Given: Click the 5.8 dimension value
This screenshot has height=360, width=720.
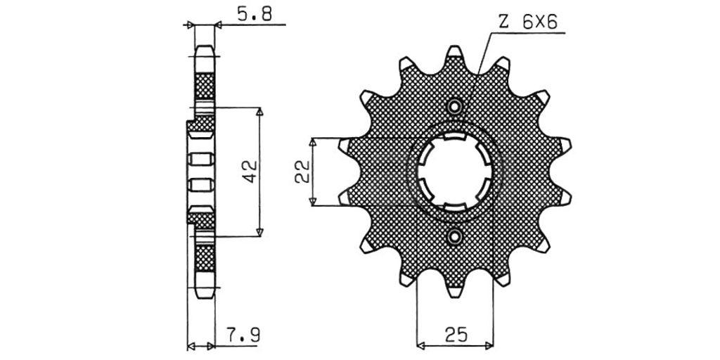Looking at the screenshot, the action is coord(255,14).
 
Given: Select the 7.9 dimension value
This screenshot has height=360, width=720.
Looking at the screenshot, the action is coord(243,335).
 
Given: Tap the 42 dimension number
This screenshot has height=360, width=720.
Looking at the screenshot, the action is coord(250,172).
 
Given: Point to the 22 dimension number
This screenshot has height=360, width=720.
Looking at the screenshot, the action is coord(302,172).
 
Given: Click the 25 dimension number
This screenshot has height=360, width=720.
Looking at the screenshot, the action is coord(456,335).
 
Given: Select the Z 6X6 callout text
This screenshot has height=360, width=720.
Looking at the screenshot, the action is coord(527,22).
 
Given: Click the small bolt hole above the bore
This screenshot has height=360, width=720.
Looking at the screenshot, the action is coord(455,107).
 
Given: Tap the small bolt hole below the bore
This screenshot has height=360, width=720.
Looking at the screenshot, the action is coord(455,237).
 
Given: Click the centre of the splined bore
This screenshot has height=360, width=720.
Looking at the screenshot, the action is coord(455,172).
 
